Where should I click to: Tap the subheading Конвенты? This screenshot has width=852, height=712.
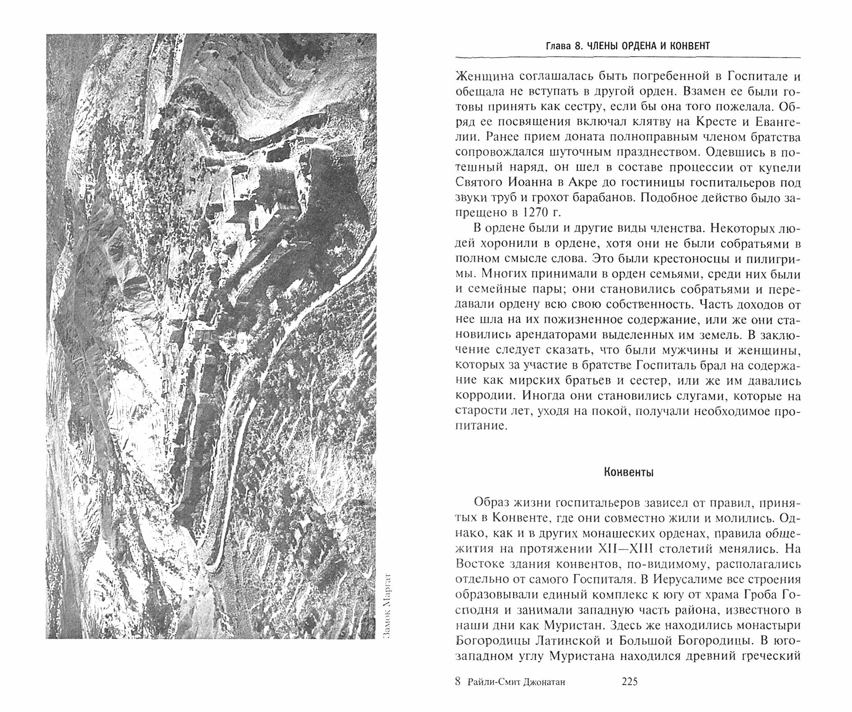628,472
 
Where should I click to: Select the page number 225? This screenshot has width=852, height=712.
629,682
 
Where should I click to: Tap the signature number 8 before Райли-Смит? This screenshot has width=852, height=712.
458,682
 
